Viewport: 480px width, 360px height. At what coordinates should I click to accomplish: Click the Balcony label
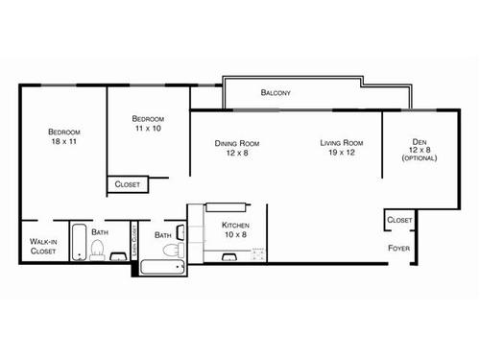pyautogui.click(x=276, y=93)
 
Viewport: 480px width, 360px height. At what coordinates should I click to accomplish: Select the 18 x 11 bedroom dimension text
pyautogui.click(x=64, y=141)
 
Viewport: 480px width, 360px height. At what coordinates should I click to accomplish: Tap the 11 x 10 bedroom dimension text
pyautogui.click(x=147, y=128)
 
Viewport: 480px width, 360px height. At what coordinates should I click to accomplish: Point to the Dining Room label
pyautogui.click(x=236, y=144)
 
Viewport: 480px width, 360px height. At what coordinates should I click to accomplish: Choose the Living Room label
pyautogui.click(x=341, y=144)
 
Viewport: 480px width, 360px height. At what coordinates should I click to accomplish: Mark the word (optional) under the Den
pyautogui.click(x=420, y=158)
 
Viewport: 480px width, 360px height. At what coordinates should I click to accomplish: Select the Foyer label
pyautogui.click(x=399, y=248)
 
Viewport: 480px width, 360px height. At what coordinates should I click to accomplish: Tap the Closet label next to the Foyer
pyautogui.click(x=399, y=220)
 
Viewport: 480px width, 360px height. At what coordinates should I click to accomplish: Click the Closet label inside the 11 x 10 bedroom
pyautogui.click(x=127, y=184)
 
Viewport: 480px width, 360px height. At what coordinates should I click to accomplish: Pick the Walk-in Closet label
pyautogui.click(x=42, y=247)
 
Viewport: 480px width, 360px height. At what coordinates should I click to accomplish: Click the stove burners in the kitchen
pyautogui.click(x=257, y=254)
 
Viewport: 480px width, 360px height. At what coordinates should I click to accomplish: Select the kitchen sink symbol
pyautogui.click(x=228, y=256)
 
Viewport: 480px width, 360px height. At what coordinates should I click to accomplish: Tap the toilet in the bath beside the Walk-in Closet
pyautogui.click(x=96, y=252)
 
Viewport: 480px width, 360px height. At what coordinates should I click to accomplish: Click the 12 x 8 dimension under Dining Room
pyautogui.click(x=236, y=154)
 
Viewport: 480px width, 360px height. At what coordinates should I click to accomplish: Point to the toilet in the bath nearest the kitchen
pyautogui.click(x=172, y=251)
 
